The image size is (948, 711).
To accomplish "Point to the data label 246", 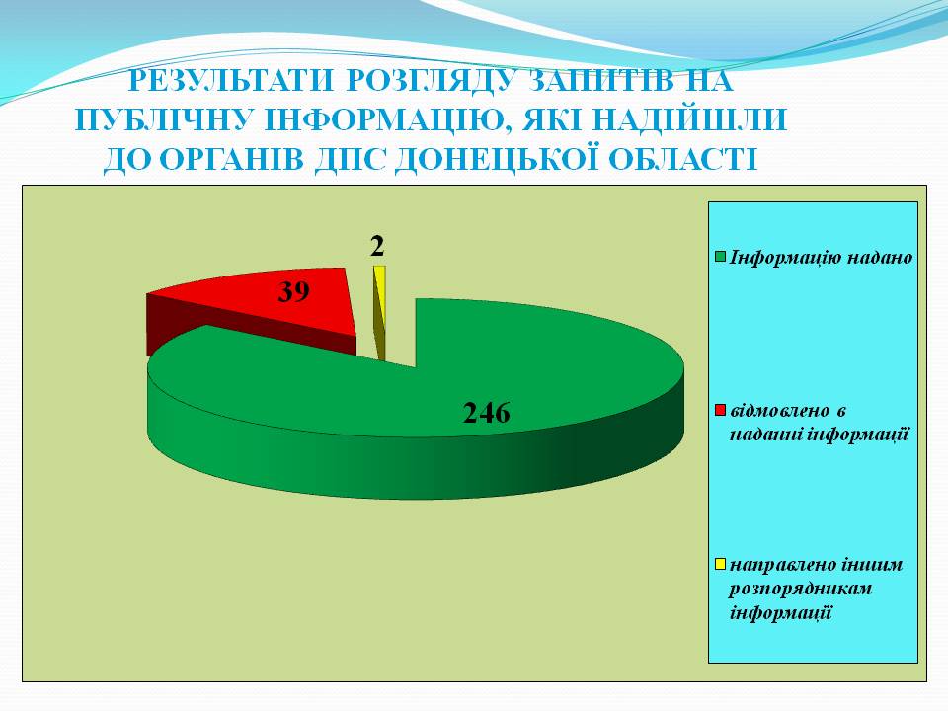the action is point(487,413).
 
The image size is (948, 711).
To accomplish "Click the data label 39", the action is point(294,291).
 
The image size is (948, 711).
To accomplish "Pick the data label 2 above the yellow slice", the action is point(377,246).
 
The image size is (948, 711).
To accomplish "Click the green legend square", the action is point(720,257).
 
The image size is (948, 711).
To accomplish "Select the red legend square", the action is point(720,411).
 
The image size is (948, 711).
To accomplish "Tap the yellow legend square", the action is point(720,564).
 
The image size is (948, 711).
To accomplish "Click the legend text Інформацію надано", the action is point(821,258).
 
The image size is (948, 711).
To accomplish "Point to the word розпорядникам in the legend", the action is point(801,589).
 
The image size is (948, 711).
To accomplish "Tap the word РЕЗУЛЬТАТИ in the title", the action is point(231,81).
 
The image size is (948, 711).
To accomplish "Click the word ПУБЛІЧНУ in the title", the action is point(163,119).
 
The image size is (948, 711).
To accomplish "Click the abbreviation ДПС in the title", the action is point(350,160).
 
